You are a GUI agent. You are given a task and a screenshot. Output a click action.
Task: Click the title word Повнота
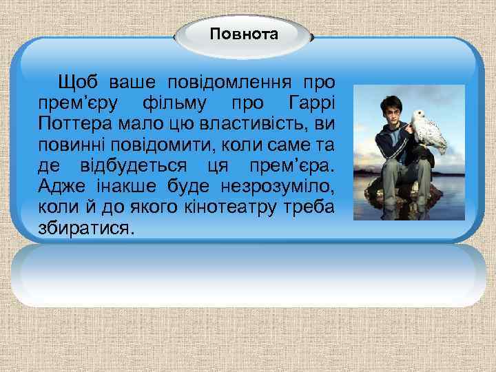tap(244, 34)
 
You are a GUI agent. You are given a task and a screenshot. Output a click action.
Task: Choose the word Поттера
tap(69, 125)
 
